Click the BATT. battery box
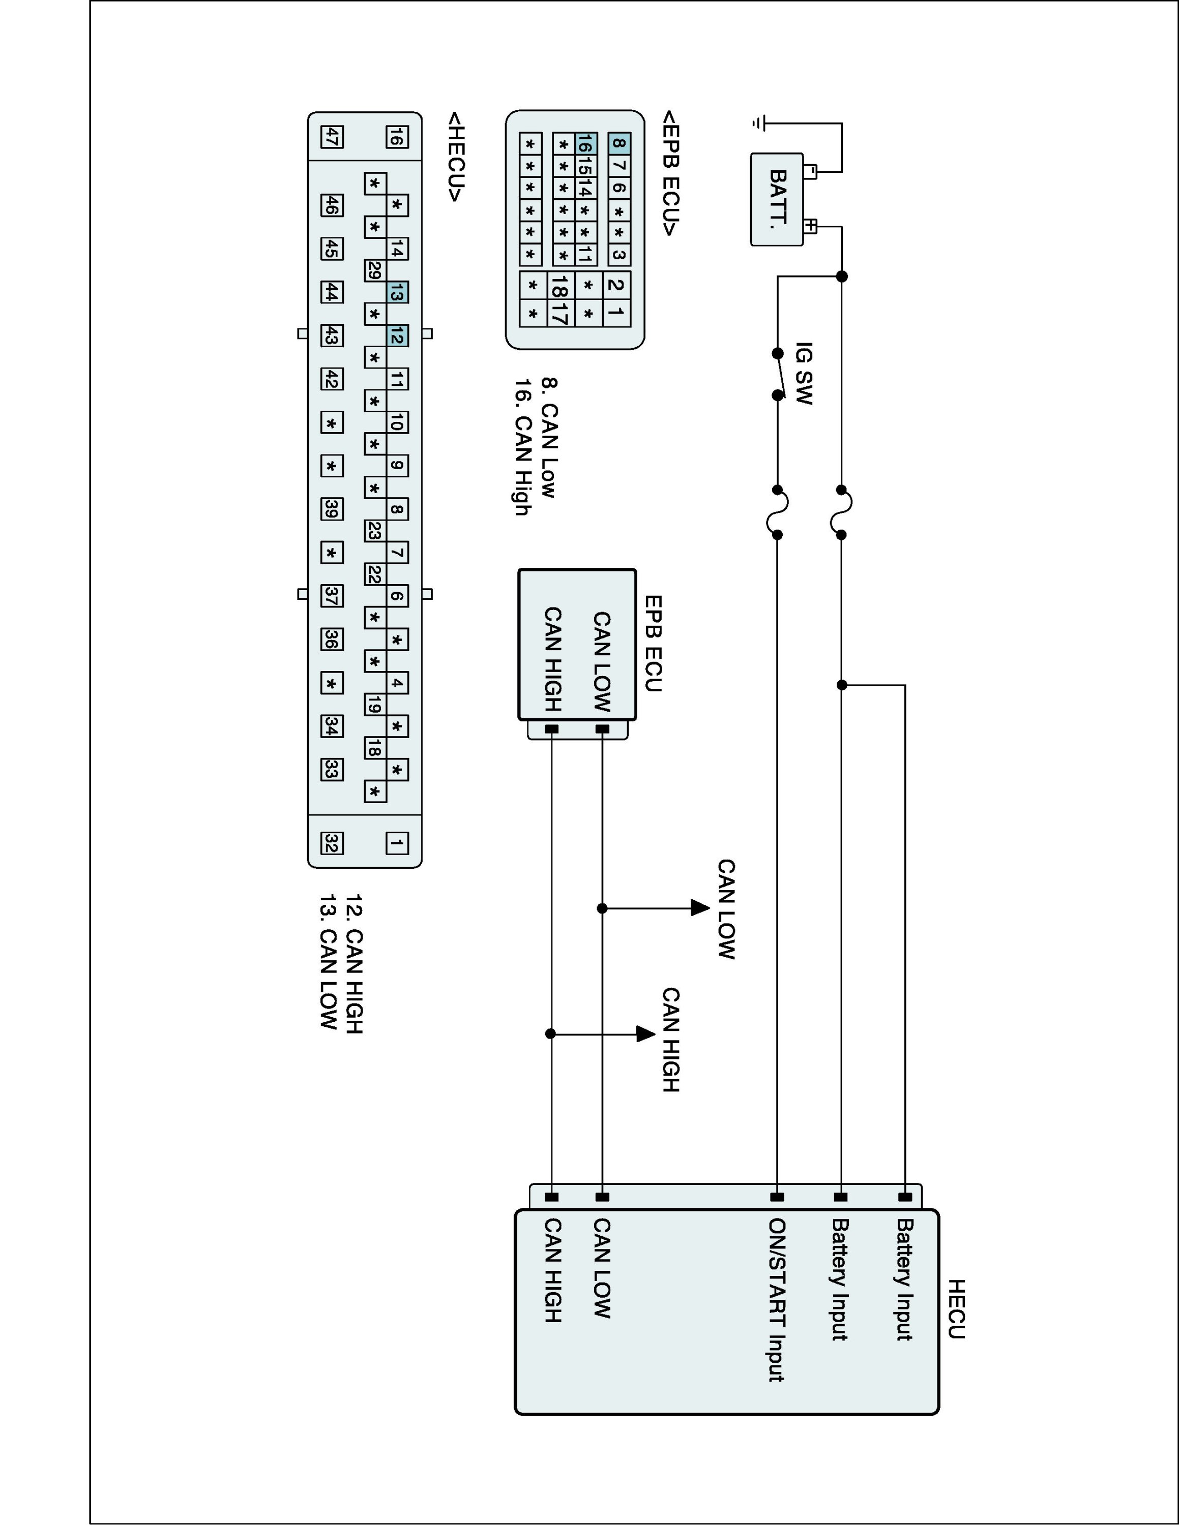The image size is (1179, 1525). [x=777, y=200]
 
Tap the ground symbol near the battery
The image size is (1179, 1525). [x=760, y=124]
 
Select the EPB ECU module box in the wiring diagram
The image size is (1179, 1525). [x=577, y=644]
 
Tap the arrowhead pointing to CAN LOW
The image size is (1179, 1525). [x=699, y=908]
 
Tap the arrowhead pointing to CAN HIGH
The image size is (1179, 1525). [x=645, y=1033]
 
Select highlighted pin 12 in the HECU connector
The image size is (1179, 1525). [x=397, y=337]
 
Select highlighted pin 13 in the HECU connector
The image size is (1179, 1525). [x=397, y=293]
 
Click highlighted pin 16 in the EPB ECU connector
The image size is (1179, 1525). [x=585, y=144]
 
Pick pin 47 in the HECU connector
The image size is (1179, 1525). [x=332, y=137]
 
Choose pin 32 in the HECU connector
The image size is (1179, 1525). [x=332, y=843]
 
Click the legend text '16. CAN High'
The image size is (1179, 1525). [x=522, y=447]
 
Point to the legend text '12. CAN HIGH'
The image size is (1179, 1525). [x=354, y=964]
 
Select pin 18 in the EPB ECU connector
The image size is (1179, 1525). [x=559, y=286]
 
